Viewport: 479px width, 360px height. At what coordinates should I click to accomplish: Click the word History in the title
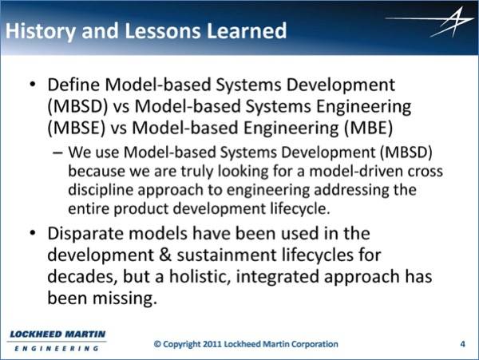41,31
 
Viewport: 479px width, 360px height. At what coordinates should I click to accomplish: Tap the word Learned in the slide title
246,30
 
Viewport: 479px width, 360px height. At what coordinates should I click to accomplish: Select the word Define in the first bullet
73,85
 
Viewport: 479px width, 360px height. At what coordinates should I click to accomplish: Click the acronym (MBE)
368,128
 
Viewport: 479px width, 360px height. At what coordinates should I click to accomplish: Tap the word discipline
101,190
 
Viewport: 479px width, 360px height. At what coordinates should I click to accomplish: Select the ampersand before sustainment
165,255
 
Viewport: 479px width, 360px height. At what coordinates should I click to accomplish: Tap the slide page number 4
463,344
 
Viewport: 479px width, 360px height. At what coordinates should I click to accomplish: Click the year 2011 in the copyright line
212,344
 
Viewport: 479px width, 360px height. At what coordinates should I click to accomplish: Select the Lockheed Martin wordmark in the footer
57,341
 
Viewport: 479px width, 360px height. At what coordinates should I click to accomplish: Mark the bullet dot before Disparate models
33,233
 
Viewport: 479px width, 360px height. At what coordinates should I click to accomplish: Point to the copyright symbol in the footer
157,344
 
